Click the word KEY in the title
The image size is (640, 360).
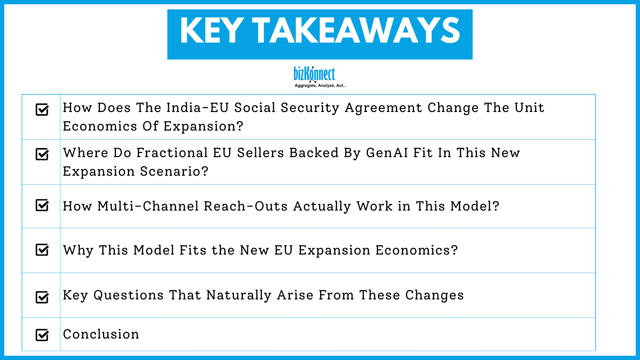pyautogui.click(x=212, y=31)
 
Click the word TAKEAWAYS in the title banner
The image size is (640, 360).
pyautogui.click(x=356, y=31)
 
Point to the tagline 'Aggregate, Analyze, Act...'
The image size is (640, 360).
pyautogui.click(x=321, y=85)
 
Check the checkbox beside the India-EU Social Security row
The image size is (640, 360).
pyautogui.click(x=42, y=109)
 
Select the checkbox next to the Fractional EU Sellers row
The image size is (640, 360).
pyautogui.click(x=42, y=154)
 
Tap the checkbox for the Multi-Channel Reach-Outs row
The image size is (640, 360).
pyautogui.click(x=42, y=205)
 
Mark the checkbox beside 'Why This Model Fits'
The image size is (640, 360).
pyautogui.click(x=42, y=250)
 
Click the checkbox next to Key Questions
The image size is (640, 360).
pyautogui.click(x=42, y=297)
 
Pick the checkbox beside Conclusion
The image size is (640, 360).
pyautogui.click(x=42, y=335)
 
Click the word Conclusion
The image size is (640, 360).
pyautogui.click(x=101, y=334)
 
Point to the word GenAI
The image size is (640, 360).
pyautogui.click(x=387, y=153)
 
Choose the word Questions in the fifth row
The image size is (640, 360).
pyautogui.click(x=129, y=295)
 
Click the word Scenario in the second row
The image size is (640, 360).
pyautogui.click(x=174, y=171)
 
